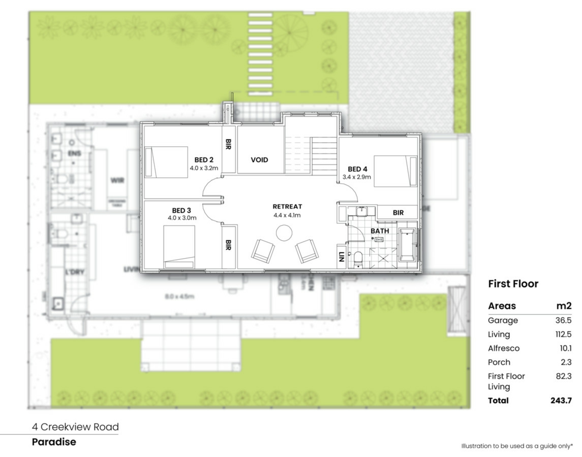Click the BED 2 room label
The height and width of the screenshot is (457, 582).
tap(204, 160)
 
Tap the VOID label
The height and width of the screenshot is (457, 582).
tap(259, 160)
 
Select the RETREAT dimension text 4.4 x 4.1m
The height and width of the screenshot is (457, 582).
tap(287, 215)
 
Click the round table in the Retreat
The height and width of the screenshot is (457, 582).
tap(284, 233)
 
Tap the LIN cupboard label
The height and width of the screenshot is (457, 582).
tap(342, 257)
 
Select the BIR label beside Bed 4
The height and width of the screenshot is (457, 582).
tap(398, 213)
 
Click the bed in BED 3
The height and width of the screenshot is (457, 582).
tap(179, 247)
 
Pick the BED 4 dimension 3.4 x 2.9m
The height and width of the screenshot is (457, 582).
tap(356, 177)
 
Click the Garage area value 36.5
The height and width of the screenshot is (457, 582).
tap(563, 320)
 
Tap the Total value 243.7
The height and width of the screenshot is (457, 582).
tap(561, 400)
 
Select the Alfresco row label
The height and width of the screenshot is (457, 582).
tap(503, 348)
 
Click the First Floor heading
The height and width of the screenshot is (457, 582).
tap(513, 284)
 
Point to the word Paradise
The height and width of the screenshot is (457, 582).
tap(54, 442)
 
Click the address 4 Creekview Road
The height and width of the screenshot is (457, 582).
tap(75, 427)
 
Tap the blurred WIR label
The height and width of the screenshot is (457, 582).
tap(117, 180)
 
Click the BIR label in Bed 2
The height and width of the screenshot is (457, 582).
tap(229, 144)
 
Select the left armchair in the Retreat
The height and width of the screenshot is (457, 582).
tap(263, 251)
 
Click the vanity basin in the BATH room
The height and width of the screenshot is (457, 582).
tap(362, 211)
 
